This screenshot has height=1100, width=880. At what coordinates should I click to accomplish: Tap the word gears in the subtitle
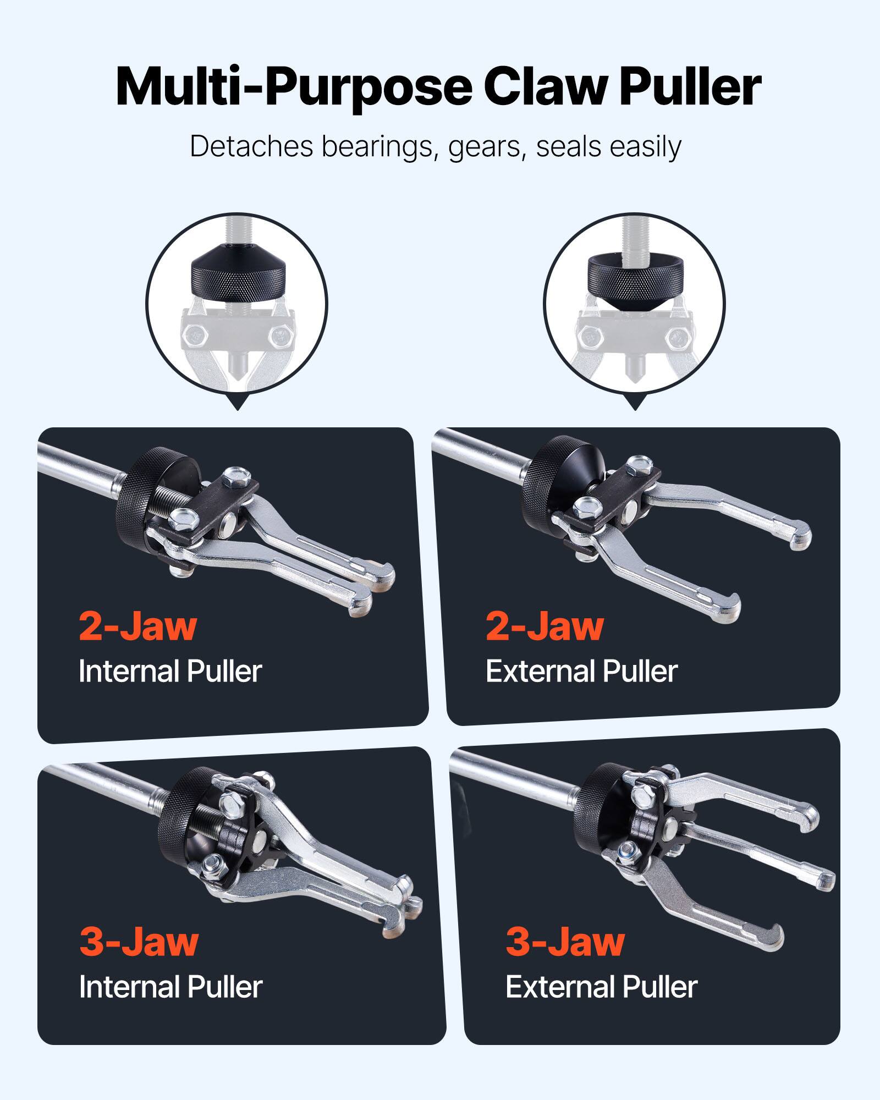tap(484, 147)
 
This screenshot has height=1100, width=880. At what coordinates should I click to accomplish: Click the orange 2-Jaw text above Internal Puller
tap(137, 626)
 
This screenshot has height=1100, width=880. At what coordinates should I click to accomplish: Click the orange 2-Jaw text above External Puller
tap(544, 626)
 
